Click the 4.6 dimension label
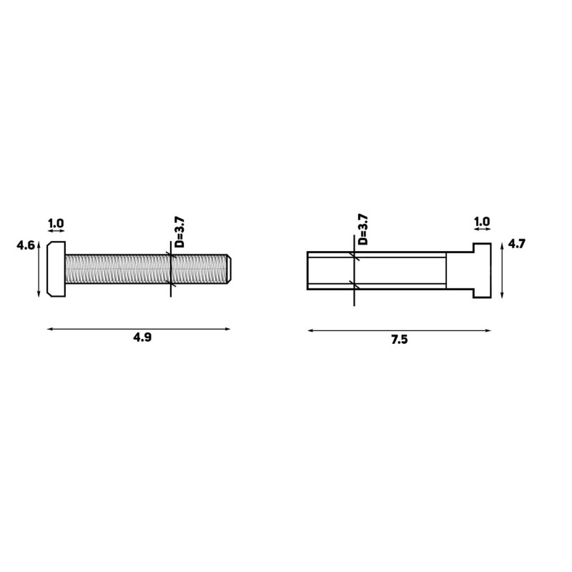[26, 245]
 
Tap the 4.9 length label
[142, 337]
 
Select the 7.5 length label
[400, 340]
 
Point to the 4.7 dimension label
[516, 244]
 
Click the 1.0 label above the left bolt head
[56, 223]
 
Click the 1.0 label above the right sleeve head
[482, 221]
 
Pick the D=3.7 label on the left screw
[180, 232]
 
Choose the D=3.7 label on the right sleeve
[363, 230]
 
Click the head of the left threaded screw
[56, 269]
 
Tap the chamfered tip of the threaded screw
[229, 269]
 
